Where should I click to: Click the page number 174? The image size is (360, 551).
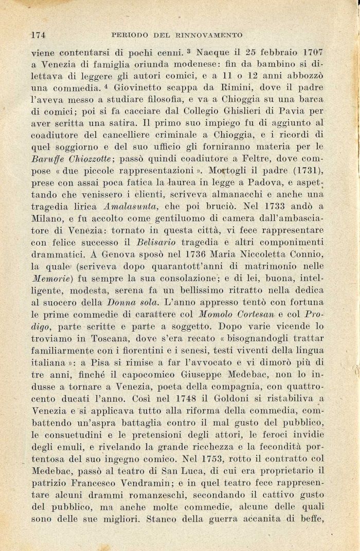39,35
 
